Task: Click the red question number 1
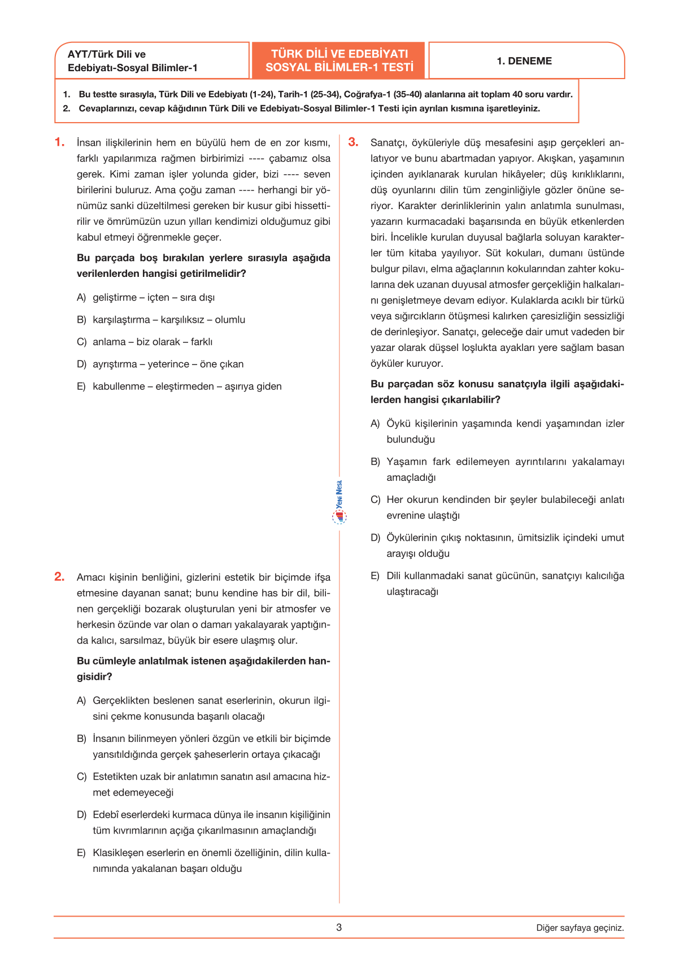click(x=59, y=142)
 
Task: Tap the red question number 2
click(x=59, y=577)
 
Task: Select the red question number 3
click(x=353, y=142)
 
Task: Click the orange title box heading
click(x=339, y=60)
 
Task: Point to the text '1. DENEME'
click(x=524, y=61)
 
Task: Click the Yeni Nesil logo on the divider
click(x=339, y=502)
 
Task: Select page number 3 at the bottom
click(x=339, y=927)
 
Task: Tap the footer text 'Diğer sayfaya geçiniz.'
click(x=580, y=928)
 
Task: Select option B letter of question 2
click(x=81, y=739)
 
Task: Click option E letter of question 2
click(x=81, y=853)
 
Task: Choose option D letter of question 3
click(x=375, y=538)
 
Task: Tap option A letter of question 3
click(x=375, y=424)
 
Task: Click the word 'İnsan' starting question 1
click(x=88, y=143)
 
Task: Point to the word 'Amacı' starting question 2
click(x=91, y=577)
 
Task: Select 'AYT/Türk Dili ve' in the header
click(x=107, y=54)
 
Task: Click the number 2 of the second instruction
click(x=66, y=108)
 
